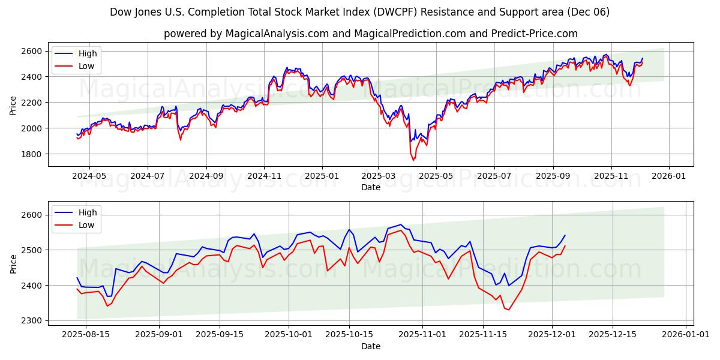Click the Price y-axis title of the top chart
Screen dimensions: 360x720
coord(13,105)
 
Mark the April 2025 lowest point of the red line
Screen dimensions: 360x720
coord(413,160)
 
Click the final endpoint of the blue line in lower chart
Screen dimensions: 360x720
coord(565,235)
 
